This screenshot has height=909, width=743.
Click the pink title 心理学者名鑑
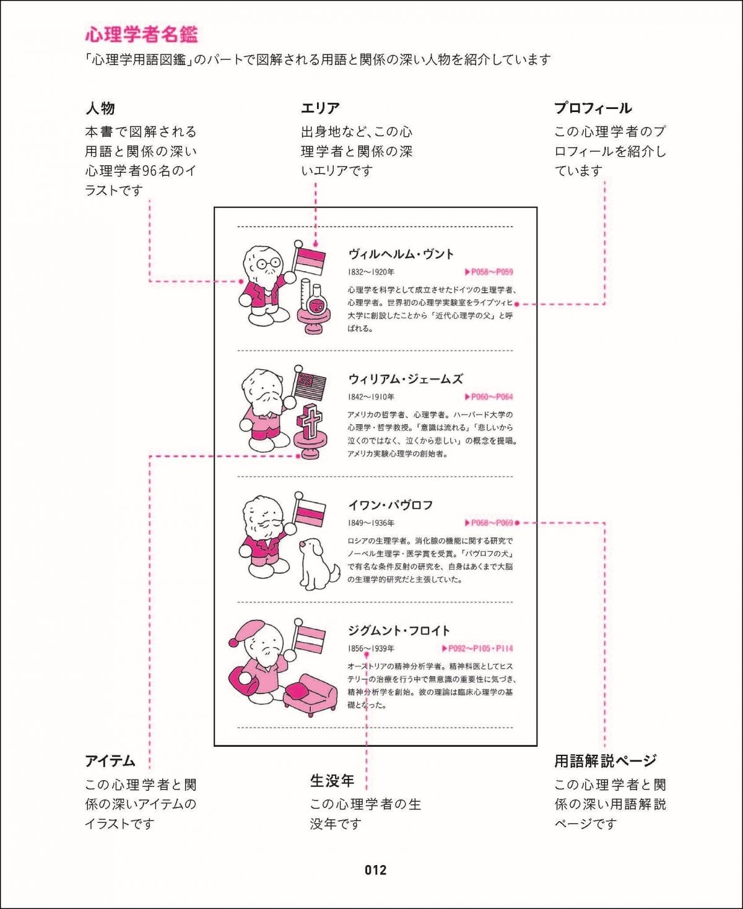(141, 34)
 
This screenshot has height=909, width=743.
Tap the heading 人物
(100, 108)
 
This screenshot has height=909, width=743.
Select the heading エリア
(320, 108)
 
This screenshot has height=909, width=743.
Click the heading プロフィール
(593, 108)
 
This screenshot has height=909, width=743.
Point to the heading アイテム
(110, 761)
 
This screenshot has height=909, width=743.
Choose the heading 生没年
(332, 781)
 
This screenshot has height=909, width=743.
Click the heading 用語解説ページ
(605, 761)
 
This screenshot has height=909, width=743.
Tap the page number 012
(375, 870)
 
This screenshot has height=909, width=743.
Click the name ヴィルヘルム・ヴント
(401, 254)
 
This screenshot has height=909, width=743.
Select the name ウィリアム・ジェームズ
(405, 379)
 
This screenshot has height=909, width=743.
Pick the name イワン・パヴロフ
(390, 505)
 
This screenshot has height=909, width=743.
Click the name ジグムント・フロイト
(399, 631)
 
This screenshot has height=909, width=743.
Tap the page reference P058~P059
(489, 272)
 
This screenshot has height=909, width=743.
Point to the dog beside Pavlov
(317, 563)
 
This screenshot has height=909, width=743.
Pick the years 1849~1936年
(371, 523)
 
